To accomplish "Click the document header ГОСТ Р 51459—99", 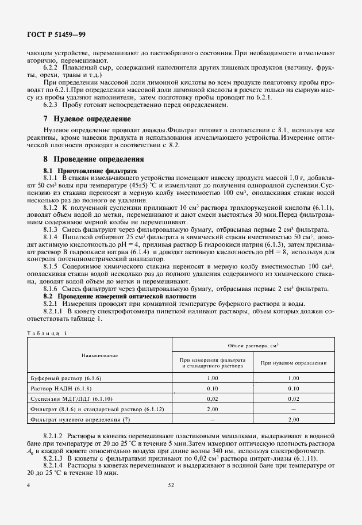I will coord(56,35).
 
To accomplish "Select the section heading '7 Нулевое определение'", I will coord(87,119).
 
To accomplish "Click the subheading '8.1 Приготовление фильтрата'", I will coord(90,171).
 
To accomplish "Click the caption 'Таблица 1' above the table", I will coord(47,332).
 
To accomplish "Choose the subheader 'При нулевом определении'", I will coord(294,363).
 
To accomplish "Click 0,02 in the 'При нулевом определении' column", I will coord(294,398).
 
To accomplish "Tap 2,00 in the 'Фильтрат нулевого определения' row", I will coord(294,420).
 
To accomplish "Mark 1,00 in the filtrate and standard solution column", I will coord(213,378).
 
